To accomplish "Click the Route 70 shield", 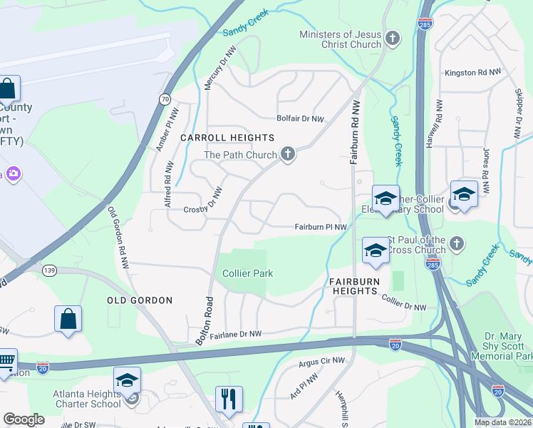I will (165, 99).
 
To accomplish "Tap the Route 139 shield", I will (49, 270).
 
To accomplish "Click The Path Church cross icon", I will (287, 155).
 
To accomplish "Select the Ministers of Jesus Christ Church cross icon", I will (392, 39).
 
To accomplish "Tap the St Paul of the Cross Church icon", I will (457, 245).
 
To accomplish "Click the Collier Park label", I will (248, 273).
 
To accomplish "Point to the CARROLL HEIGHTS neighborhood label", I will (227, 138).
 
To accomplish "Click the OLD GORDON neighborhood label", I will (140, 300).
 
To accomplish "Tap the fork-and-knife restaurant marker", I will (229, 399).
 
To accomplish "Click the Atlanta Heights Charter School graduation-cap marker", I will (128, 380).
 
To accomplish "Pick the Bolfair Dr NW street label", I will (301, 119).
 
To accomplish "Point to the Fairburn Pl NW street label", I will (321, 228).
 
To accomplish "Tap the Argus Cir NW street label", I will (318, 362).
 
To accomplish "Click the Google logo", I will (24, 419).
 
